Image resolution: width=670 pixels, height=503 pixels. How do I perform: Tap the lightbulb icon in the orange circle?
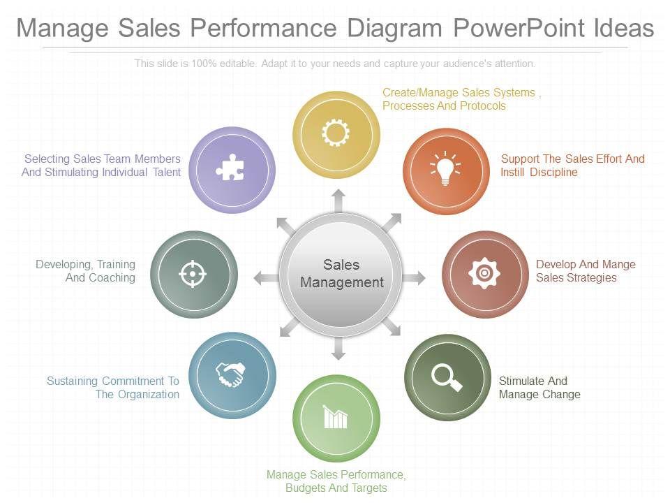pyautogui.click(x=445, y=169)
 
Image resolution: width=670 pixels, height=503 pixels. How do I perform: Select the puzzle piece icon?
pyautogui.click(x=230, y=168)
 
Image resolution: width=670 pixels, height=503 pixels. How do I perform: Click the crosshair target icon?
pyautogui.click(x=193, y=274)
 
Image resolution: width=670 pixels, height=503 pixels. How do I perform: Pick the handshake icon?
pyautogui.click(x=230, y=374)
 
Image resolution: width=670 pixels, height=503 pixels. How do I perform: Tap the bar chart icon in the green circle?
pyautogui.click(x=336, y=418)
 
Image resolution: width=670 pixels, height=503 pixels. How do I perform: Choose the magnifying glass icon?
pyautogui.click(x=447, y=377)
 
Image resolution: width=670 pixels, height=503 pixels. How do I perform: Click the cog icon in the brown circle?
pyautogui.click(x=484, y=273)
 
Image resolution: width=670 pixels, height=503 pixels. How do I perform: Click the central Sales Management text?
pyautogui.click(x=341, y=273)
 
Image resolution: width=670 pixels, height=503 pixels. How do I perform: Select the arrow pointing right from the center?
pyautogui.click(x=415, y=278)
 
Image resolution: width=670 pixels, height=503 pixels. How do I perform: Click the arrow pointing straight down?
pyautogui.click(x=338, y=349)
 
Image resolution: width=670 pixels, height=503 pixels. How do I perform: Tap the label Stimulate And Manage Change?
pyautogui.click(x=539, y=388)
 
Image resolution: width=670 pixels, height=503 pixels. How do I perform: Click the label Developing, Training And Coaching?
pyautogui.click(x=86, y=271)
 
